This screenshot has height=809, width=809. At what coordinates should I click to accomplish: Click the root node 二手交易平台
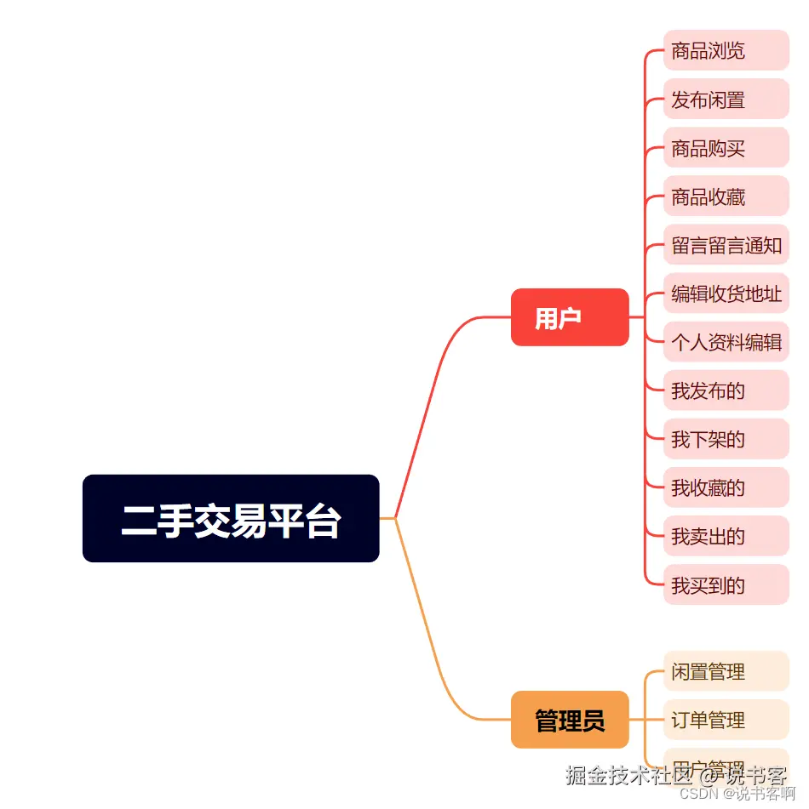231,518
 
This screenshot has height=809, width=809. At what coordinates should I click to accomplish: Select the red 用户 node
570,317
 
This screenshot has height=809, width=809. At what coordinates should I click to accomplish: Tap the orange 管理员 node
570,720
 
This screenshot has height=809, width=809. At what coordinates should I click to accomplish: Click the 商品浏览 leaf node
726,50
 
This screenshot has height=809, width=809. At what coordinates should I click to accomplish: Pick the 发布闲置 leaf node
726,100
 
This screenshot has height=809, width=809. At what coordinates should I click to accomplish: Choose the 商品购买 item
726,148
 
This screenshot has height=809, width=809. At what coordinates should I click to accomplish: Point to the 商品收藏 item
726,197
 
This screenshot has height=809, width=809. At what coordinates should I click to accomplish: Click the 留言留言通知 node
726,245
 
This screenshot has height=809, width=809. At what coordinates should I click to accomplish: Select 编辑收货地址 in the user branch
726,294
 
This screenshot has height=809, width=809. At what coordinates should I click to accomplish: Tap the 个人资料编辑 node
726,343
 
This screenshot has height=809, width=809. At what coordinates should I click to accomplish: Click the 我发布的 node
726,390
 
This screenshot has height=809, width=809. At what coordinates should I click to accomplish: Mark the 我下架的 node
726,439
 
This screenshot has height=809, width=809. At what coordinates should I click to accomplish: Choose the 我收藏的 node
726,487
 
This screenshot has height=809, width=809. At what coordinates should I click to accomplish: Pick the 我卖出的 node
726,536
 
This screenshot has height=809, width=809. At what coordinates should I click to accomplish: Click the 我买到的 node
726,584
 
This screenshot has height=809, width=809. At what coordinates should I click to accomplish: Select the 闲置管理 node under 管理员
726,671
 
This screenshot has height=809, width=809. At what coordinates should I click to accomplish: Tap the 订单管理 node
726,720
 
